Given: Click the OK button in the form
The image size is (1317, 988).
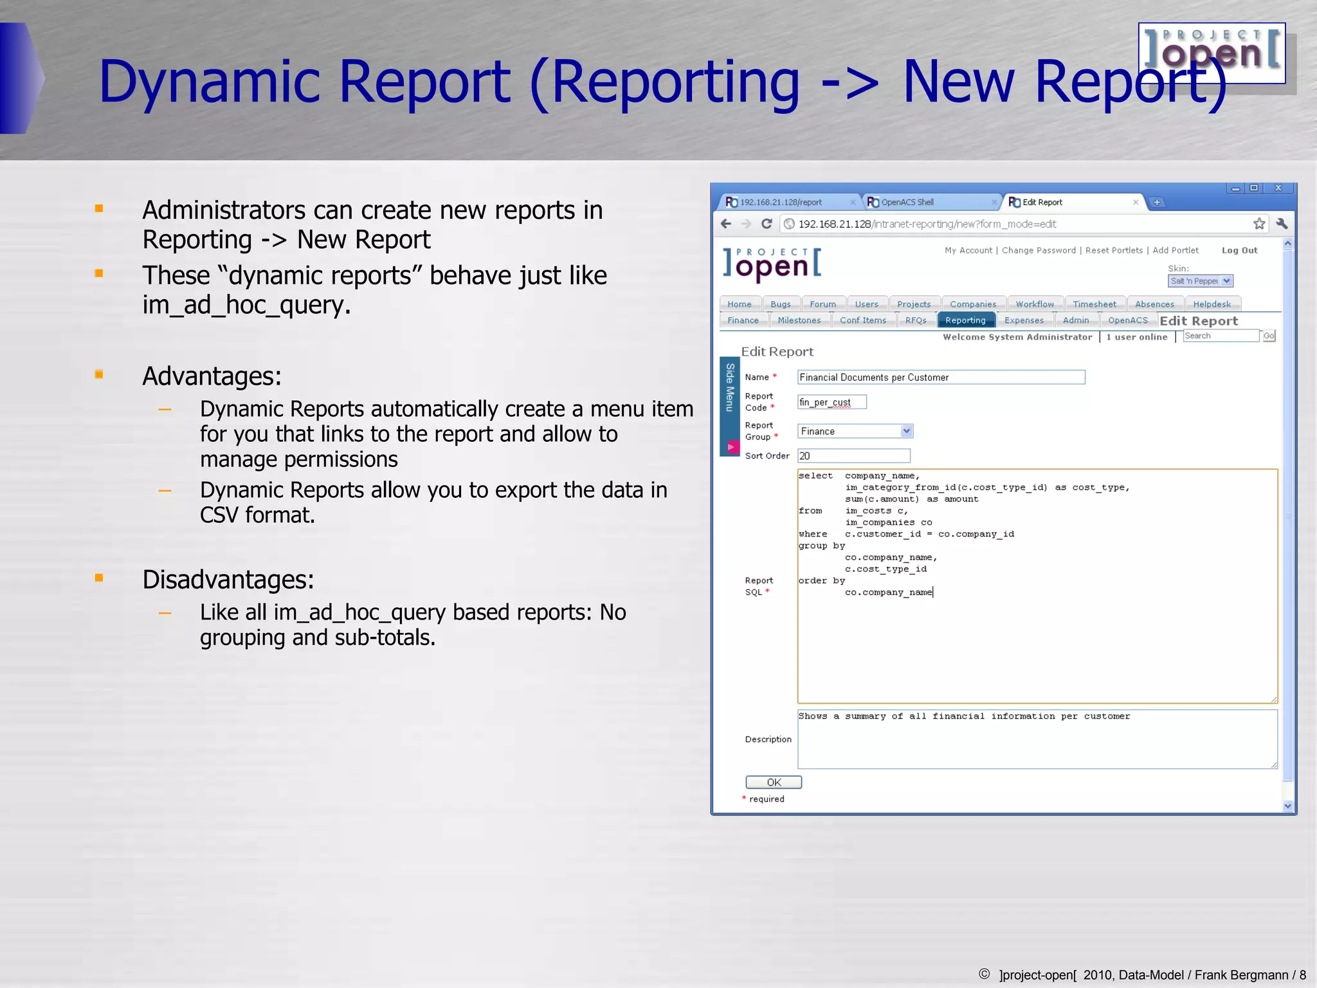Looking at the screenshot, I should [x=773, y=782].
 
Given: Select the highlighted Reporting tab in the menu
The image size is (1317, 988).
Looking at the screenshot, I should [x=965, y=320].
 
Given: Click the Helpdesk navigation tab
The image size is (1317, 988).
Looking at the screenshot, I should [x=1212, y=304].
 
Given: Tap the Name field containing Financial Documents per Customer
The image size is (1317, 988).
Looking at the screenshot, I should [x=940, y=378].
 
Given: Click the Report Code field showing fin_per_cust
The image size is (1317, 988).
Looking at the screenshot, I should [x=831, y=402].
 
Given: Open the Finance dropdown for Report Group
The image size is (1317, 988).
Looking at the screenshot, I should [x=855, y=431].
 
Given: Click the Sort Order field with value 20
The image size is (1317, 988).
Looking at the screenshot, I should [x=853, y=456].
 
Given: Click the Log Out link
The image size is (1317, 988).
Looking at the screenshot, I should [x=1239, y=250].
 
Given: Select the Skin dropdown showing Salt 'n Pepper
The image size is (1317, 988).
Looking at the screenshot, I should [x=1200, y=281].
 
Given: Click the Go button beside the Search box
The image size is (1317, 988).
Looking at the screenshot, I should [x=1268, y=336].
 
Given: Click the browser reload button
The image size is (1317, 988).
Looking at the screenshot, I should [x=767, y=224].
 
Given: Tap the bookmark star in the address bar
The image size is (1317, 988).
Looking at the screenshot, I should [x=1259, y=224].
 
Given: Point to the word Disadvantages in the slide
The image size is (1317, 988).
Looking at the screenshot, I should [x=228, y=580].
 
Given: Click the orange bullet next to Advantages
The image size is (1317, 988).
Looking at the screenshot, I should [x=99, y=374].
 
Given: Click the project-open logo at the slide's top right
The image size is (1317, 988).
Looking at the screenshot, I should [x=1212, y=53].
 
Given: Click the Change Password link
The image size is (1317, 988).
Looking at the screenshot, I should [x=1038, y=250].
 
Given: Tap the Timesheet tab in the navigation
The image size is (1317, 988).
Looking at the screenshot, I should [x=1094, y=304].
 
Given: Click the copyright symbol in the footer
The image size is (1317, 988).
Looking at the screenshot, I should [x=984, y=974].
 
